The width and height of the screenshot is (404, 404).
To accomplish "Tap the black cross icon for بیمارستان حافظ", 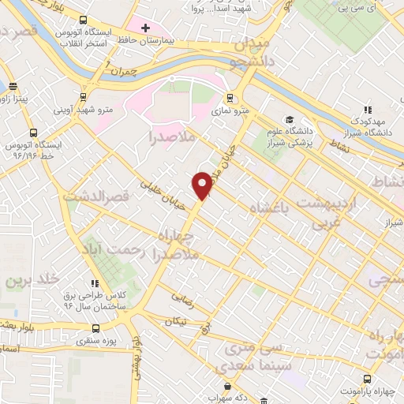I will coord(144,28).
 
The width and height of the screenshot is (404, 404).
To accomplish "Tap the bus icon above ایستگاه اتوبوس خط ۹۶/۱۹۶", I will coord(33,133).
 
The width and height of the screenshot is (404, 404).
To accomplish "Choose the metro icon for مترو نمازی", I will coord(230,99).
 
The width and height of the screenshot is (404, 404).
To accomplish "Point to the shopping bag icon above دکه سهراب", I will coord(227,387).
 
